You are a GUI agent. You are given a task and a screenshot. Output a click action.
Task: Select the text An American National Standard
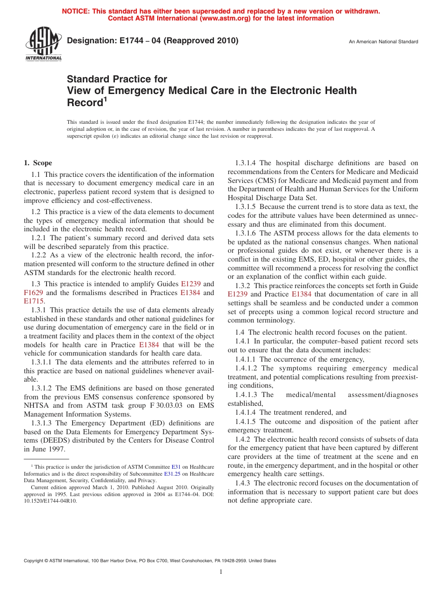(383, 42)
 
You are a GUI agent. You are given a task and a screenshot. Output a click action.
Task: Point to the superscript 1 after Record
(105, 99)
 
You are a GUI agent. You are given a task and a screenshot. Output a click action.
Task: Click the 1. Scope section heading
(38, 163)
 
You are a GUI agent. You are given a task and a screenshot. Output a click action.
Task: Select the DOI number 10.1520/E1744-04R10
(51, 501)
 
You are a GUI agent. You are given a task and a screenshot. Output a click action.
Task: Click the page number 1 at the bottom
(221, 572)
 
